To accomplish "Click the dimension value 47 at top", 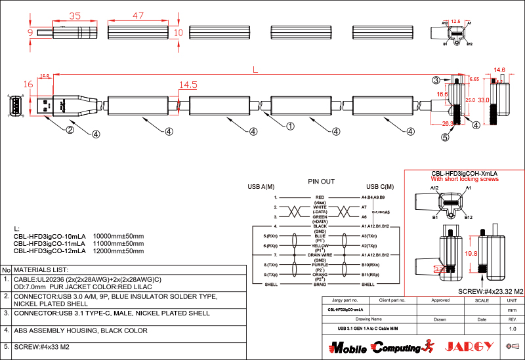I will pos(137,15).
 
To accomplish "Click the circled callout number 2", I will pos(69,129).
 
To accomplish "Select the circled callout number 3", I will pos(436,80).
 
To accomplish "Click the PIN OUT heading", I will pos(321,181).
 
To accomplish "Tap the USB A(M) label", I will pos(261,187).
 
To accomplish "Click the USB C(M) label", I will pos(380,187).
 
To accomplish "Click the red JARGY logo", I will pos(467,346).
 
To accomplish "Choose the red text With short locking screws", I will pos(464,179).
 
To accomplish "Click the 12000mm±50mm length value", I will pos(118,250).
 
